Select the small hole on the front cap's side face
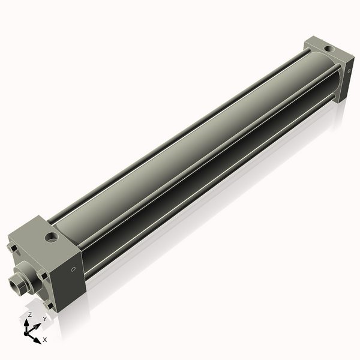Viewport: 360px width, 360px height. pos(73,269)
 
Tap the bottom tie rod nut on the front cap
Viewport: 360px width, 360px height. pos(49,305)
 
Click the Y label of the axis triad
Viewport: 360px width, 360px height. pos(44,320)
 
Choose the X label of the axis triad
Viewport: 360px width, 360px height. pos(45,340)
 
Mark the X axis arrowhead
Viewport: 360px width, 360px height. pos(38,338)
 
